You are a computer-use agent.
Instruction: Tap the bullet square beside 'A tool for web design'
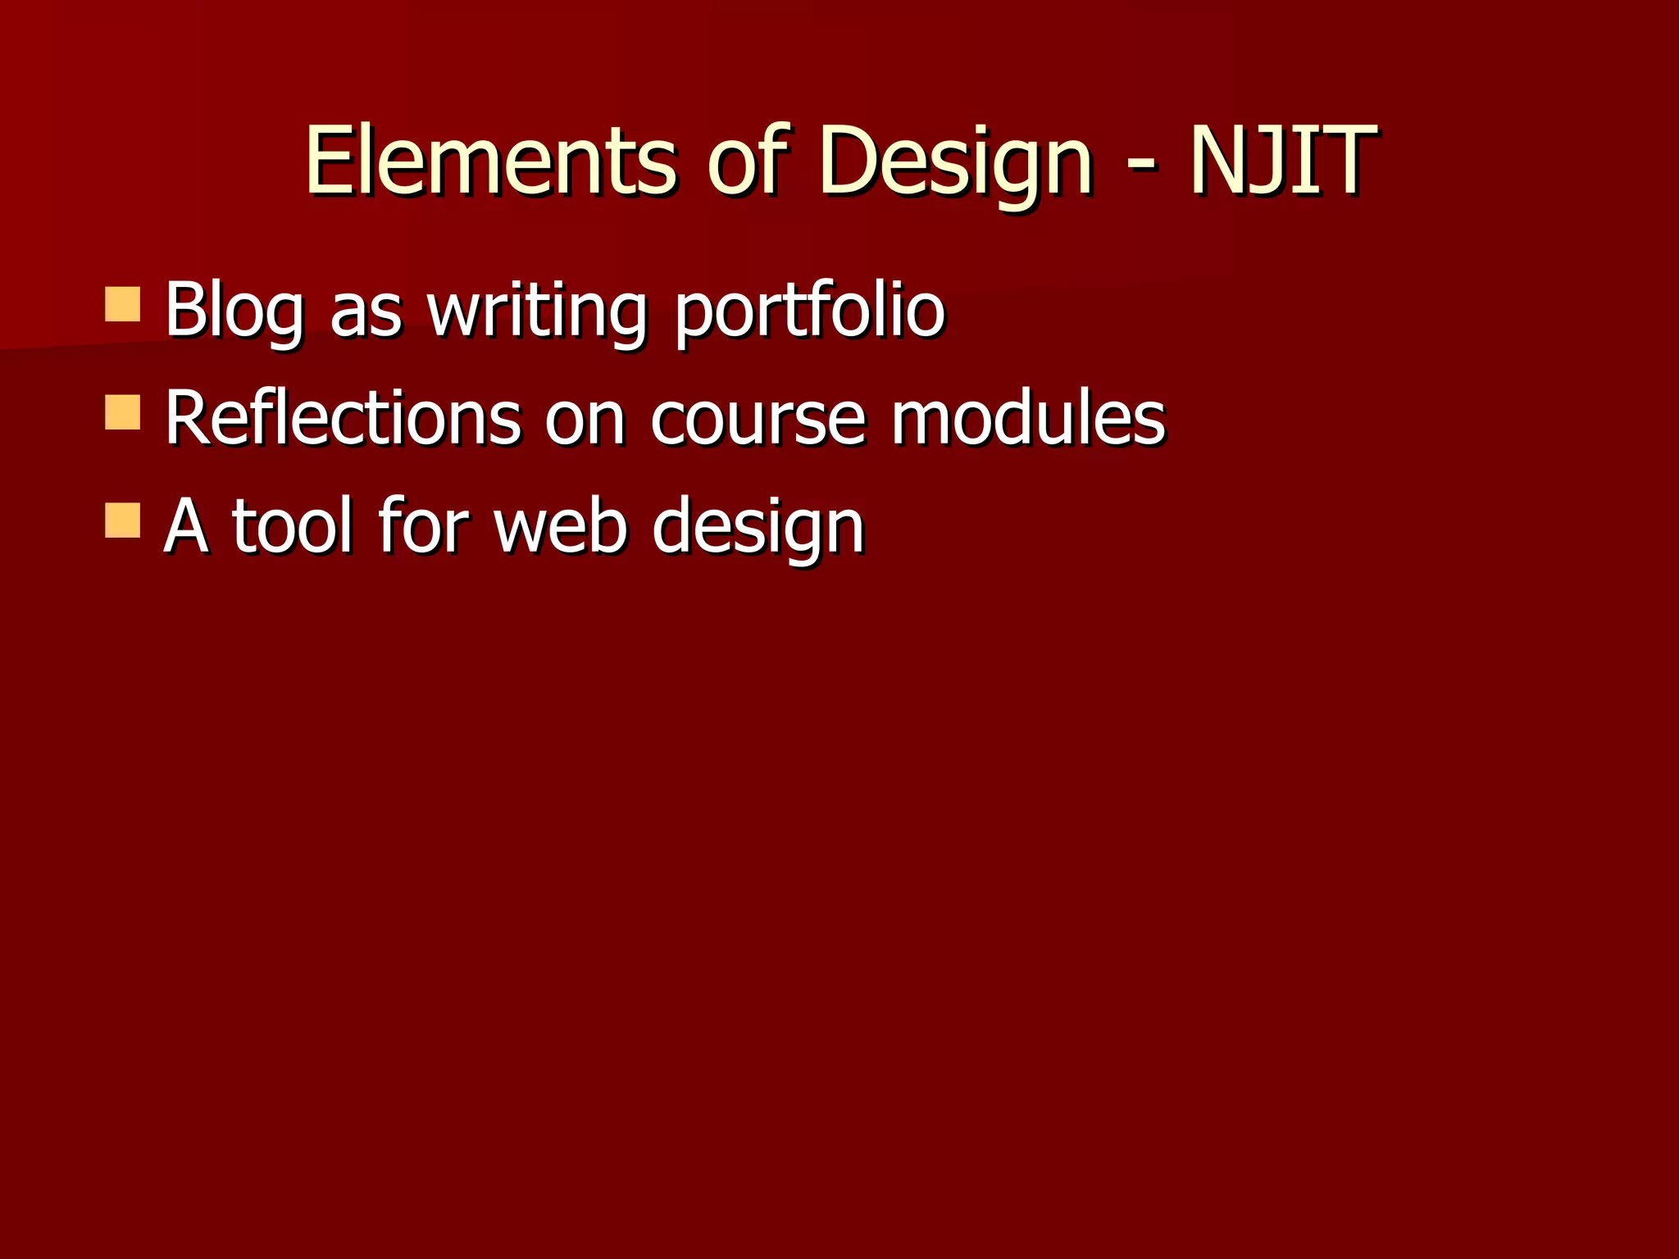(x=123, y=520)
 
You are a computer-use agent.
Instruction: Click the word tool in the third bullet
(x=293, y=526)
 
